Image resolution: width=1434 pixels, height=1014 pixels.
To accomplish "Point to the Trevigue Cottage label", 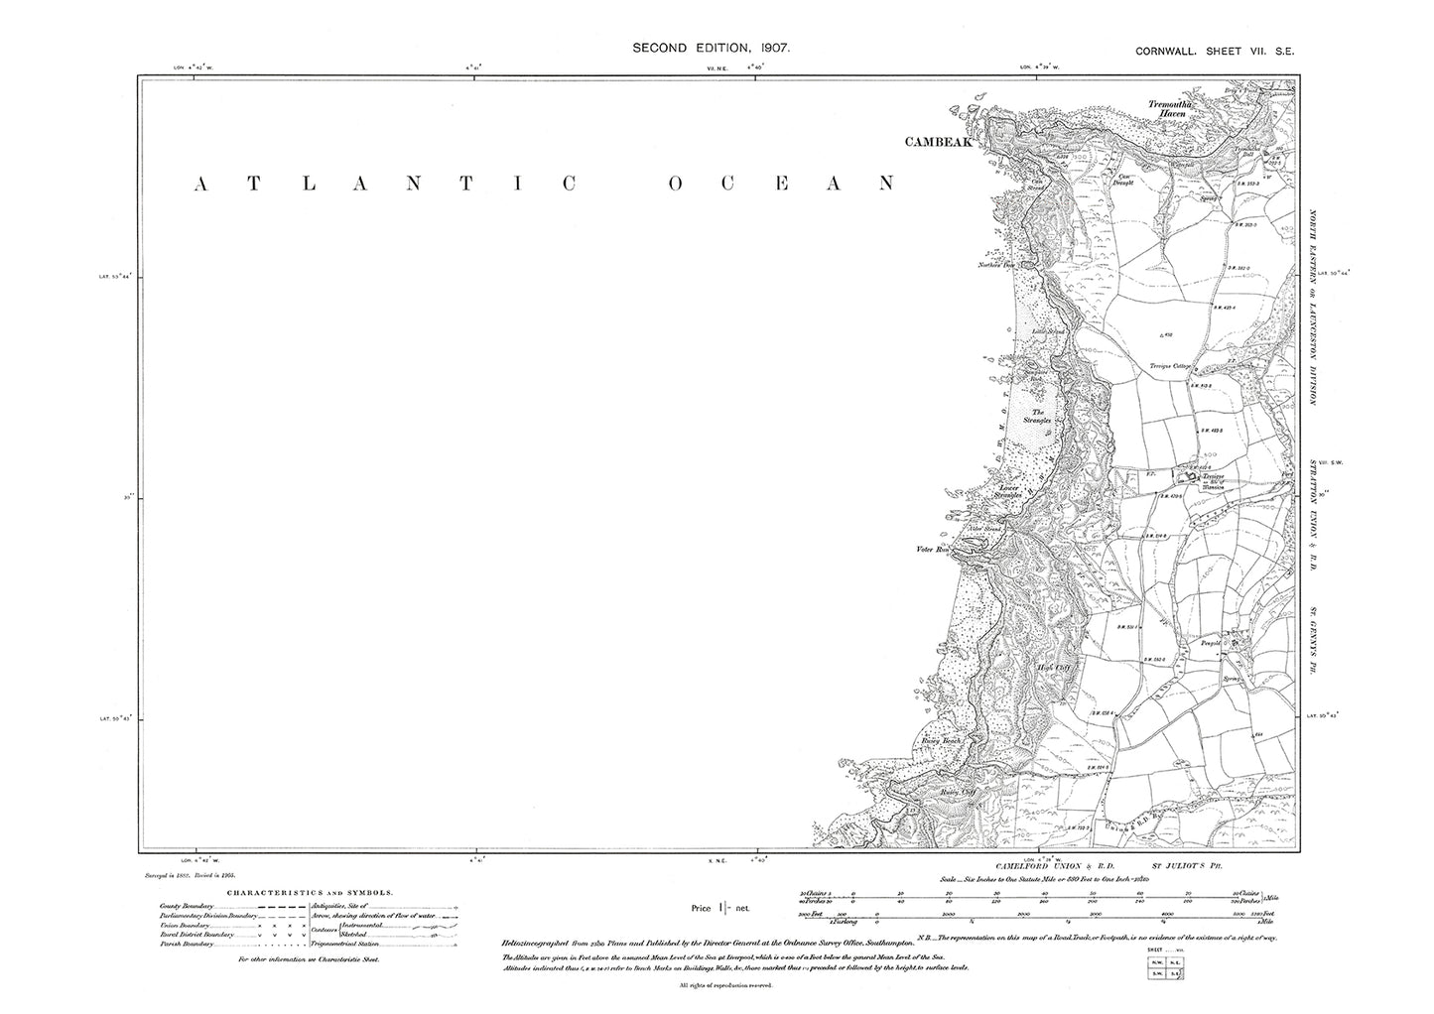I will pos(1170,366).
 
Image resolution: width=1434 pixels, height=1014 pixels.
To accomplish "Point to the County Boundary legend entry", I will pos(185,905).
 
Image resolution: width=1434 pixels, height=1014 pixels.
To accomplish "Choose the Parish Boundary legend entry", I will pos(185,944).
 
